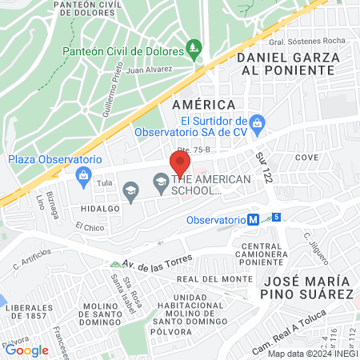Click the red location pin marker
click(179, 164)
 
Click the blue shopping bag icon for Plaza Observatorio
click(82, 174)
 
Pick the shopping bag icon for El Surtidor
click(257, 122)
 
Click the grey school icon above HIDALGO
click(131, 190)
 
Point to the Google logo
click(27, 350)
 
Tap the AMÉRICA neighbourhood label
click(203, 105)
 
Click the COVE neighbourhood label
click(306, 158)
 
